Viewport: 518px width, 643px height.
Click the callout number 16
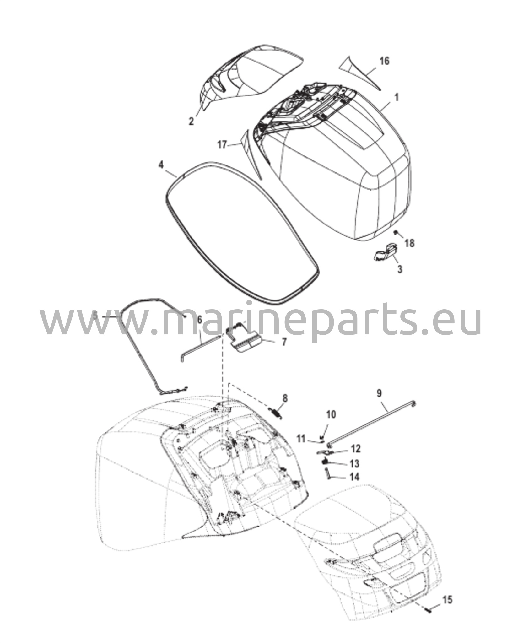pos(385,61)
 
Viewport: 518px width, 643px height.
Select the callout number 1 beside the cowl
pos(397,98)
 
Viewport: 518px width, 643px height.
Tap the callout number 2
pos(191,122)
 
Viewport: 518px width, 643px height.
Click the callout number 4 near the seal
pos(161,165)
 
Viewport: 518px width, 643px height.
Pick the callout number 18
pos(409,243)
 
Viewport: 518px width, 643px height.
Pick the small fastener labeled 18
pos(396,232)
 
